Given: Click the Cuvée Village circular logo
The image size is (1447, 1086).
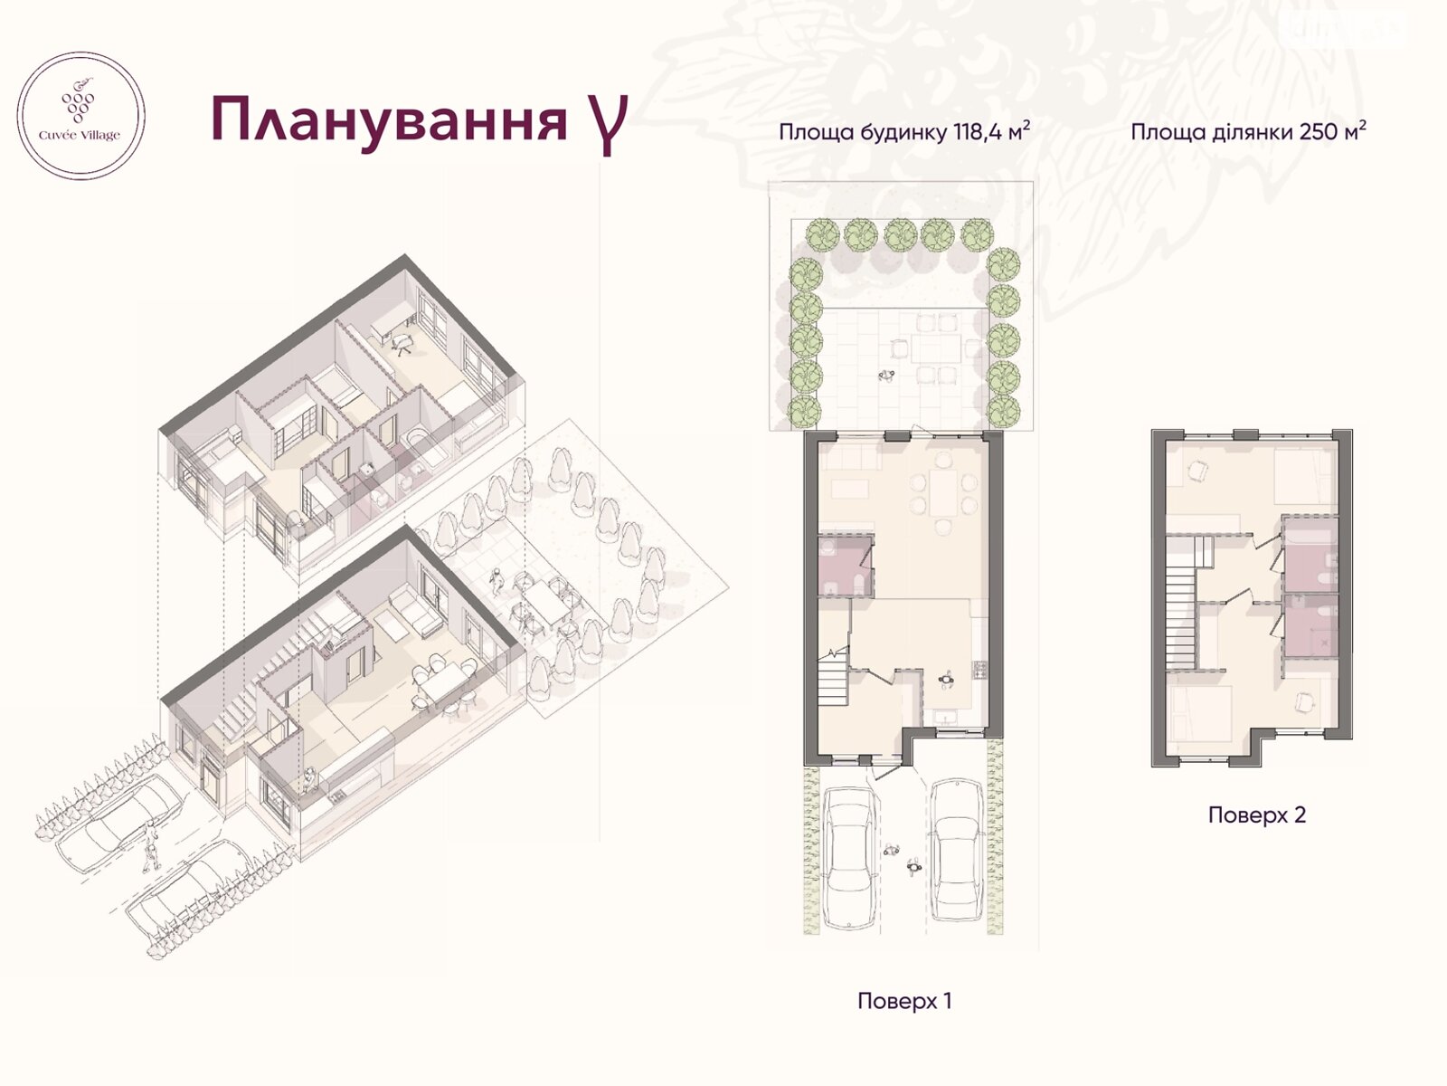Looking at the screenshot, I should (82, 116).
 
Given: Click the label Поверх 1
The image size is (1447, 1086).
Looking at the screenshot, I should (904, 1001).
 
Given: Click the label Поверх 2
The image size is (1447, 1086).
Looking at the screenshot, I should (1257, 814).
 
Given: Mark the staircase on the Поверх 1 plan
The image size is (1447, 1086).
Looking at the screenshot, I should (834, 682).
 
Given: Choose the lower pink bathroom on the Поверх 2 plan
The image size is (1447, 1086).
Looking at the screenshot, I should (1308, 625).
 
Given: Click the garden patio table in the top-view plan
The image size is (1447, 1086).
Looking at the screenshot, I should (932, 349).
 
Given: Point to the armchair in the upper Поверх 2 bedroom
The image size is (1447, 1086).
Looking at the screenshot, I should (1198, 472).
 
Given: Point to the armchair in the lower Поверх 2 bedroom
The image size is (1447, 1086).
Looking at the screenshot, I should (1303, 702).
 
